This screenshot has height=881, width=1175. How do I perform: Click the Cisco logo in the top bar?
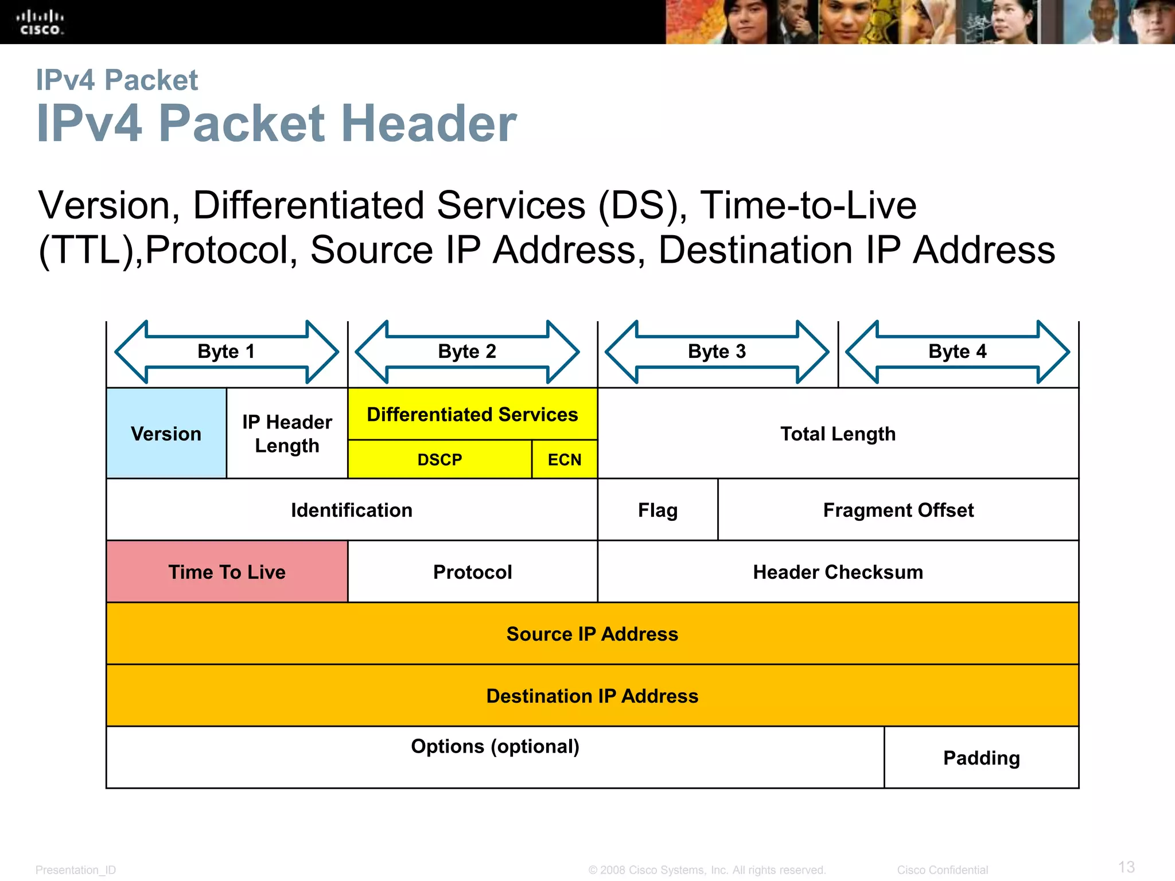tap(40, 22)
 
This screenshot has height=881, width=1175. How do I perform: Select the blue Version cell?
tap(166, 434)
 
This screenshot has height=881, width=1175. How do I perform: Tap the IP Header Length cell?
tap(287, 434)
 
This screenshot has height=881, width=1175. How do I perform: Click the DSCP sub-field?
tap(439, 459)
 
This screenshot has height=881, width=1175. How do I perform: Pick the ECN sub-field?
tap(565, 459)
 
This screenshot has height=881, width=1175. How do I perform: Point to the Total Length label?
tap(838, 434)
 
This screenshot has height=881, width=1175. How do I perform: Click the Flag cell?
tap(657, 510)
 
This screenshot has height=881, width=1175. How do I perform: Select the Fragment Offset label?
tap(898, 510)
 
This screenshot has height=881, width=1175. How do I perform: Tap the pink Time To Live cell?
tap(227, 572)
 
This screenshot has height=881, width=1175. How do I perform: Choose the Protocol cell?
tap(472, 572)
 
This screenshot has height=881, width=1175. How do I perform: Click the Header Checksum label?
tap(838, 572)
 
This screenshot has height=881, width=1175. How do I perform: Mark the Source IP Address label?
tap(592, 634)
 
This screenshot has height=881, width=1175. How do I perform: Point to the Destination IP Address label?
tap(592, 696)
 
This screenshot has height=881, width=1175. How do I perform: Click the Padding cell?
tap(981, 758)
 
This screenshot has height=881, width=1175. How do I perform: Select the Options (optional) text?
tap(495, 746)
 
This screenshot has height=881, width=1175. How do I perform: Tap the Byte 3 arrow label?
tap(717, 351)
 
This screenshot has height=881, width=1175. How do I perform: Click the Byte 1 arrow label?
tap(226, 351)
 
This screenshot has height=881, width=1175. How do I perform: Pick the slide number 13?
tap(1126, 867)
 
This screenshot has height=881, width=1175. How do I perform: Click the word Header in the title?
tap(429, 123)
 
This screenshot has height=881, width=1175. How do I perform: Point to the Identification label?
tap(351, 510)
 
